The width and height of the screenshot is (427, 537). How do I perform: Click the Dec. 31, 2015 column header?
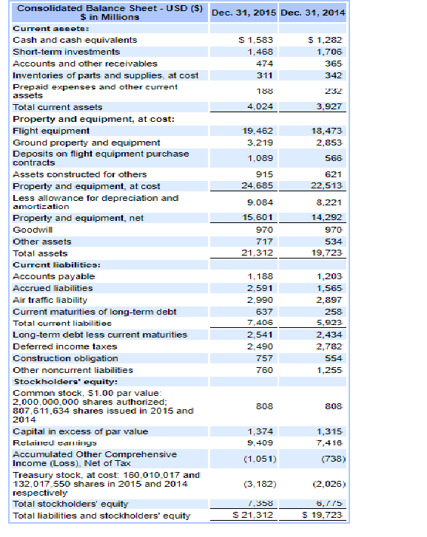(x=243, y=13)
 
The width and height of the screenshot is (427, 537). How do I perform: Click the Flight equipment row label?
(x=52, y=130)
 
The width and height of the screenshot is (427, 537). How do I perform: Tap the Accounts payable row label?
(x=54, y=276)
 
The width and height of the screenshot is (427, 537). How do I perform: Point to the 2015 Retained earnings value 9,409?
(x=258, y=442)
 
